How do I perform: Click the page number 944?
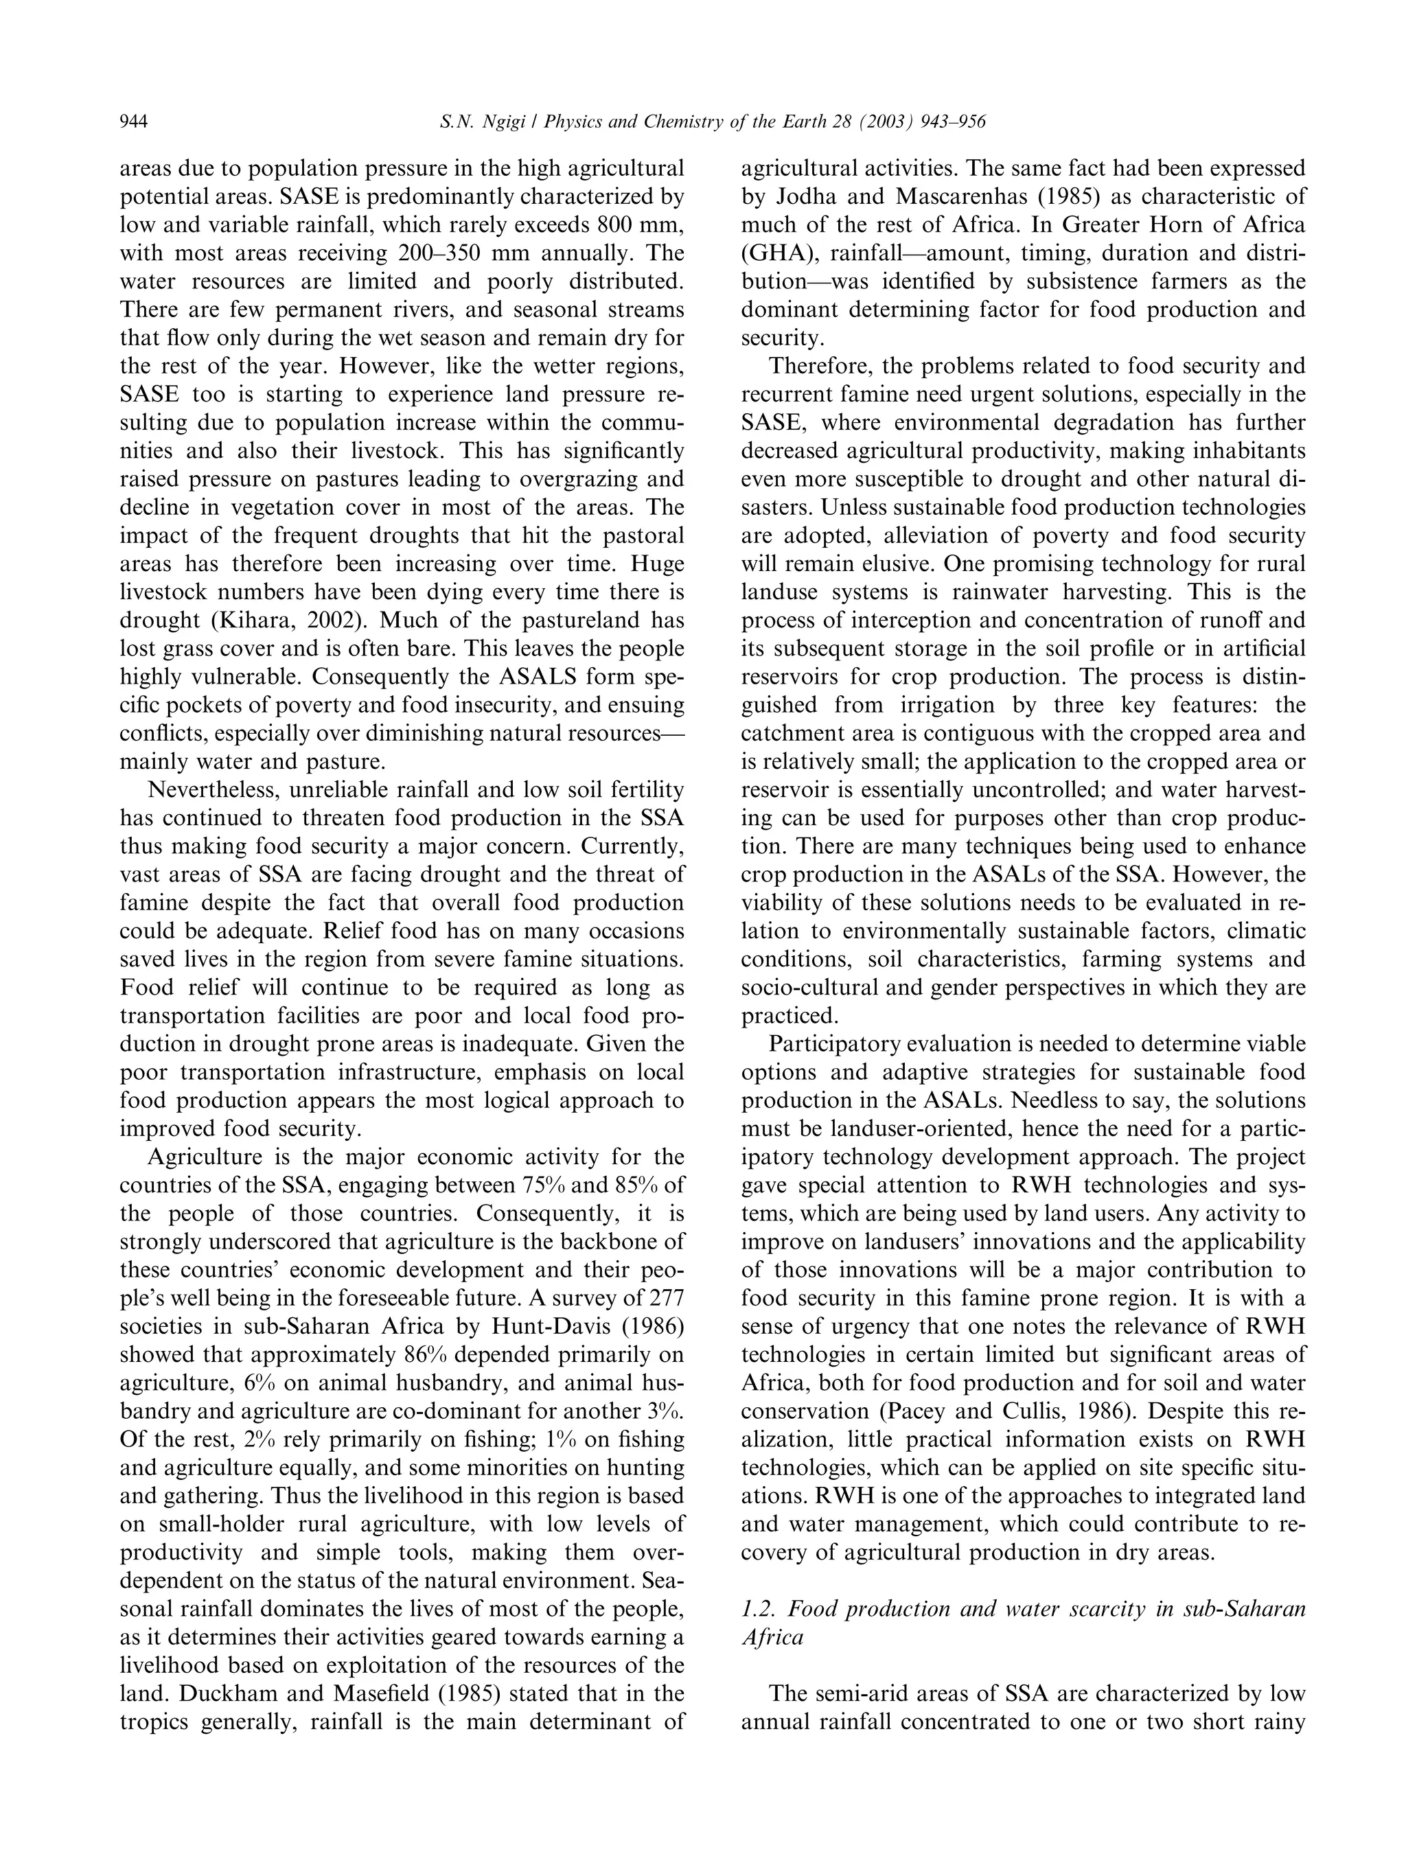click(x=134, y=123)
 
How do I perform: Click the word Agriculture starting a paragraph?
click(x=203, y=1157)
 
